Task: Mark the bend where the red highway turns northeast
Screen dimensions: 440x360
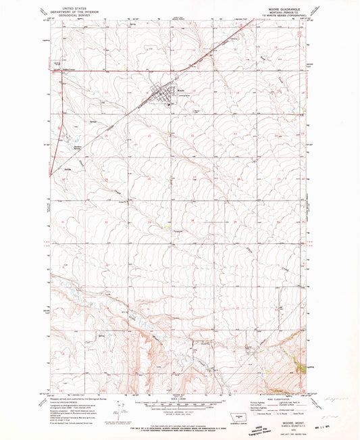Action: (177, 70)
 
